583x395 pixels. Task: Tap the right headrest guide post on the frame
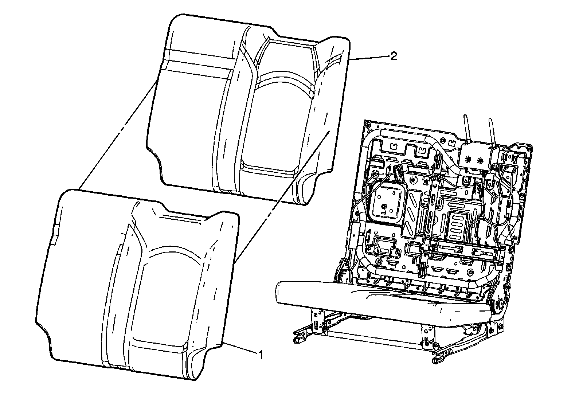[x=492, y=131]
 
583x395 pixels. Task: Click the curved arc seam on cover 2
[x=284, y=78]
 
